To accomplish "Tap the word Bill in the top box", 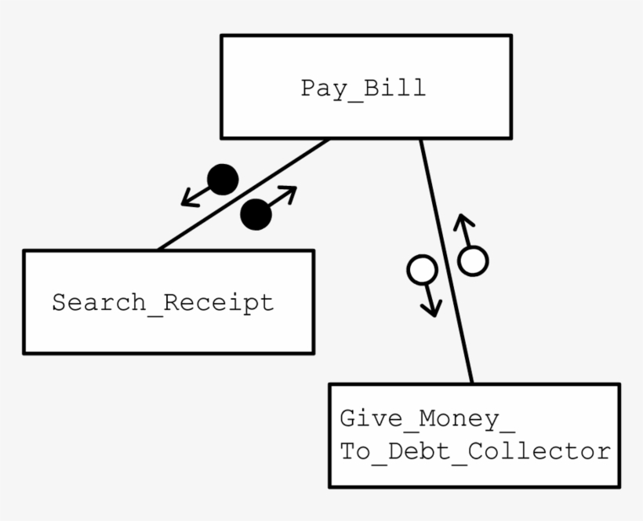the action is (394, 87).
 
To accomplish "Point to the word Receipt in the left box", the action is (219, 304).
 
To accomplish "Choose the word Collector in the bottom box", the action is (539, 451).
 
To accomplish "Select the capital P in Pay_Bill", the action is (308, 88).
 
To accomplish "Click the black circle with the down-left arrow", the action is (223, 180).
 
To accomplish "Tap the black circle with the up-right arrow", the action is (256, 214).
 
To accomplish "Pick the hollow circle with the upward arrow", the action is (473, 261).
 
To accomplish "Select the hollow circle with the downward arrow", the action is (422, 270).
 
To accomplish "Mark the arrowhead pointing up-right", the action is (289, 193).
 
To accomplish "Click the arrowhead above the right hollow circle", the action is (463, 221).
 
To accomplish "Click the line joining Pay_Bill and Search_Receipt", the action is (243, 195).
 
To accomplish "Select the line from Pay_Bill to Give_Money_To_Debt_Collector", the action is (446, 261).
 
